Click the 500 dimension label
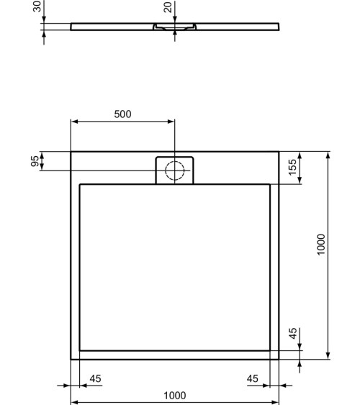(x=123, y=114)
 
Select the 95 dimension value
(x=35, y=161)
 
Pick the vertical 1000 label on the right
(x=322, y=244)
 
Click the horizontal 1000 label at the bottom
(x=174, y=395)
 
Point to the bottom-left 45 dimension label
(x=94, y=378)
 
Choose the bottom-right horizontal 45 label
(x=252, y=378)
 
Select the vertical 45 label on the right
(x=292, y=335)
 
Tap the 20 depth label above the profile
(x=168, y=7)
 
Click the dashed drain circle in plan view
(x=175, y=170)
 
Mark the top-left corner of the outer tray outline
(x=71, y=152)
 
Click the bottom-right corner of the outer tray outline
(x=279, y=358)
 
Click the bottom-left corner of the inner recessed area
(x=80, y=350)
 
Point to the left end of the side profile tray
(x=72, y=27)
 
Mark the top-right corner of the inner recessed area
(x=270, y=184)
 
